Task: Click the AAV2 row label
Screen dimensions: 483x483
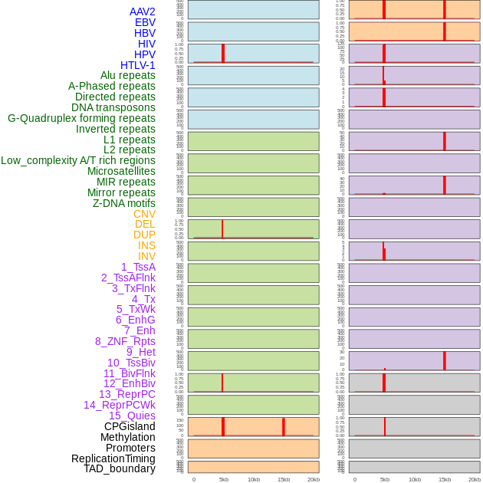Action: tap(143, 11)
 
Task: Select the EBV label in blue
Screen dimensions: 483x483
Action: tap(145, 22)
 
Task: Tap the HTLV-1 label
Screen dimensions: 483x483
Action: tap(138, 65)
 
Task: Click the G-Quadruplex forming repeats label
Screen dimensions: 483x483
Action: tap(81, 118)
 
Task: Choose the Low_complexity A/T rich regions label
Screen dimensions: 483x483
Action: tap(78, 160)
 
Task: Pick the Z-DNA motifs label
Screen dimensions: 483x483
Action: tap(124, 203)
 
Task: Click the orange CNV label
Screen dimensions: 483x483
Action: tap(144, 214)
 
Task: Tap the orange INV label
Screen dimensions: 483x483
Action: tap(146, 256)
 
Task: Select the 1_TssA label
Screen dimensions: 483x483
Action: tap(138, 267)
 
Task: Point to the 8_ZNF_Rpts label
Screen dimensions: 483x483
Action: tap(125, 341)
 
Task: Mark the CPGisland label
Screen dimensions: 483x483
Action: tap(130, 426)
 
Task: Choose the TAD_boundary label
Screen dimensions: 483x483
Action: tap(120, 468)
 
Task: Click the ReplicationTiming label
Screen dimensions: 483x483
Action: tap(113, 458)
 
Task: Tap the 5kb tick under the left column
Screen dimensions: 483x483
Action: tap(224, 479)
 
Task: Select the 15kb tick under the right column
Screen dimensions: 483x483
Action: tap(445, 479)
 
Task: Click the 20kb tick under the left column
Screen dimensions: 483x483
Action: tap(314, 479)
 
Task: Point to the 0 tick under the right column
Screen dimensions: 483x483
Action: tap(355, 479)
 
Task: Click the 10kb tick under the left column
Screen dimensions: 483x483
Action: tap(254, 479)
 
